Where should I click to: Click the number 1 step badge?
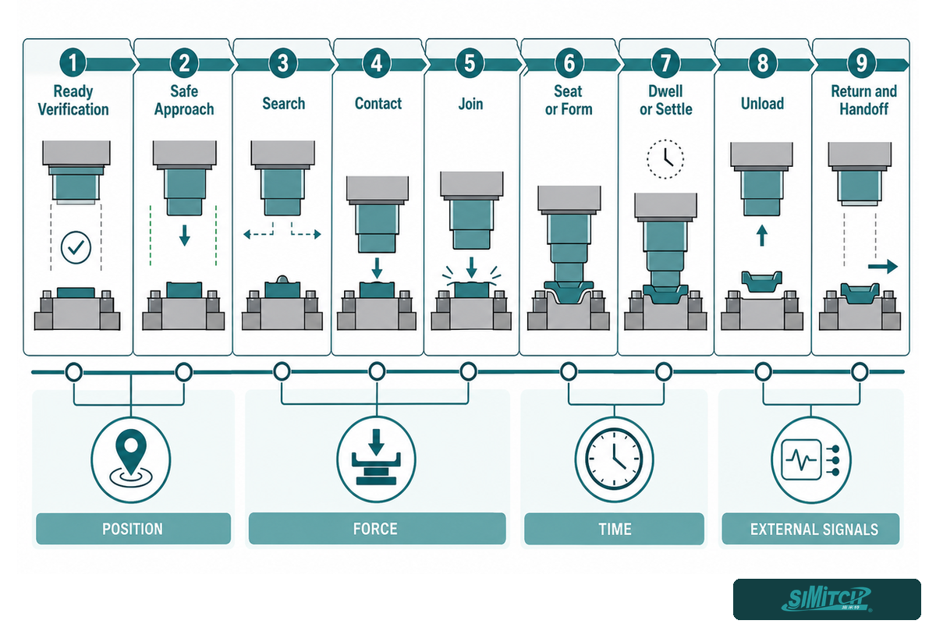click(x=73, y=63)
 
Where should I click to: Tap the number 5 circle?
click(x=470, y=63)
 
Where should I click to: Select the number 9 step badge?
click(x=861, y=63)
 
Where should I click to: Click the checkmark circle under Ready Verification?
click(x=76, y=247)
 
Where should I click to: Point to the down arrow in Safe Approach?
click(x=185, y=236)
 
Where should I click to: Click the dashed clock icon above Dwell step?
click(x=665, y=159)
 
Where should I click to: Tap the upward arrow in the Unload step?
click(x=762, y=236)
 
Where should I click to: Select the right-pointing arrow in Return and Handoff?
click(x=882, y=266)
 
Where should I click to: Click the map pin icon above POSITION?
click(x=131, y=459)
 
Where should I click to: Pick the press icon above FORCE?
click(x=376, y=457)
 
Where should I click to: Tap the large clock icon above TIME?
click(x=614, y=459)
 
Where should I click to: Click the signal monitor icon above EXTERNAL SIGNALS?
click(x=810, y=459)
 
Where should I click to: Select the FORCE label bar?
click(x=377, y=529)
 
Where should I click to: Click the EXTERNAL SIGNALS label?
click(x=814, y=530)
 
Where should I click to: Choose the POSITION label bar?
click(x=133, y=529)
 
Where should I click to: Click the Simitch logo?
click(x=827, y=599)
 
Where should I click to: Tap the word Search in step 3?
click(x=284, y=104)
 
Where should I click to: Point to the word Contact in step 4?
click(x=378, y=104)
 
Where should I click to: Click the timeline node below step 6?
click(x=569, y=371)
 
